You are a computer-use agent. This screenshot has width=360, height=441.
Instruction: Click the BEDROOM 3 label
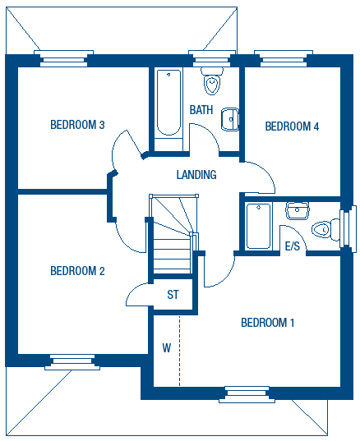point(77,125)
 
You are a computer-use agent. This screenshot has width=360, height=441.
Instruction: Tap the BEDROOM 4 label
point(292,126)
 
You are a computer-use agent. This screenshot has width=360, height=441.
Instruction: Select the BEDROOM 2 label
point(77,271)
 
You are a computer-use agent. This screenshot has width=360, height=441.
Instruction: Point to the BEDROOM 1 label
point(268,323)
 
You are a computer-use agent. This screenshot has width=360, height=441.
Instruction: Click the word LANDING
point(196,175)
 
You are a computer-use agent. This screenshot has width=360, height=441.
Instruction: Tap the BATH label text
point(201,110)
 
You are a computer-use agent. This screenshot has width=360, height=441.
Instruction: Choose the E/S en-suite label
point(293,246)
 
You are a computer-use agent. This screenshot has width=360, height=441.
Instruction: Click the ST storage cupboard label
point(173,295)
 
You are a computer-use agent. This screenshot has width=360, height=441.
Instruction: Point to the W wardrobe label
point(167,348)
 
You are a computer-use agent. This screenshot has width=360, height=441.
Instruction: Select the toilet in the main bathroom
point(212,80)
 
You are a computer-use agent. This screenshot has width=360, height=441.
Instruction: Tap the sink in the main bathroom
point(230,119)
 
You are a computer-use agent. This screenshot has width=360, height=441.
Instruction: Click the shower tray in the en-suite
point(259,226)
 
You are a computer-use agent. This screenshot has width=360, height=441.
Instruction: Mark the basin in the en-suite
point(298,211)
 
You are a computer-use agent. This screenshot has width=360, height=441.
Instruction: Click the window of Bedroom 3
point(63,58)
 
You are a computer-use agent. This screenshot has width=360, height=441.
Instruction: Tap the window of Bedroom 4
point(284,58)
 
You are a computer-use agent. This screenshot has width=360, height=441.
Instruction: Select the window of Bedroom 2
point(72,362)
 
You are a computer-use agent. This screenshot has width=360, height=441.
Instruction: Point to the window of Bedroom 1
point(247,394)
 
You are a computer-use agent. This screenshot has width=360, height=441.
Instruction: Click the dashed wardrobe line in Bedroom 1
point(179,351)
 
